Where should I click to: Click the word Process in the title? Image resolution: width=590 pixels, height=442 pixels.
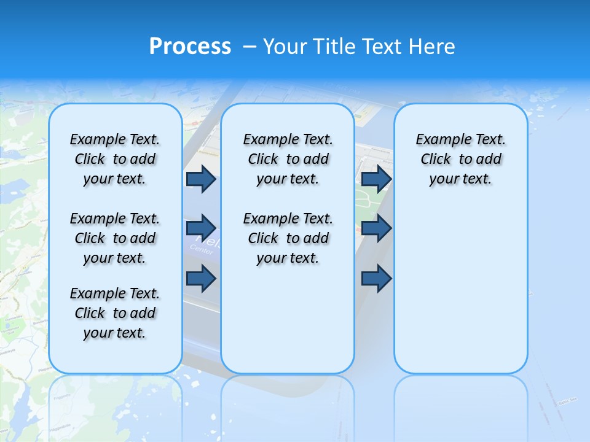(190, 47)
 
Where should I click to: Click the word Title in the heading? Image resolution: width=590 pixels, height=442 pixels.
(334, 47)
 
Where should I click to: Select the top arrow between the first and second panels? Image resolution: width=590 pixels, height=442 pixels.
(201, 179)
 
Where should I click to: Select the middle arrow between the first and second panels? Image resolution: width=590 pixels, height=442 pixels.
(201, 228)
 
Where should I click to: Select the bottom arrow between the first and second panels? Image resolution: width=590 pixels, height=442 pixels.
(201, 279)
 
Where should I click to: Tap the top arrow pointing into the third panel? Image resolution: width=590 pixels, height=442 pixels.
(376, 179)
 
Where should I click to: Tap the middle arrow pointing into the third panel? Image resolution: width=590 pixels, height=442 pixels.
(376, 228)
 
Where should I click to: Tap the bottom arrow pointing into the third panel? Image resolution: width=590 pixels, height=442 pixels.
(376, 279)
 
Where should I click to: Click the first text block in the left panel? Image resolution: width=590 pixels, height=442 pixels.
(115, 159)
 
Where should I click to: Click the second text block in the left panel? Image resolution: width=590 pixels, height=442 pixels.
(115, 238)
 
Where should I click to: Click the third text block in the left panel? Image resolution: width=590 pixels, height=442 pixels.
(115, 313)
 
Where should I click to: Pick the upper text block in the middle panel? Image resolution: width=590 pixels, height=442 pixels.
(288, 159)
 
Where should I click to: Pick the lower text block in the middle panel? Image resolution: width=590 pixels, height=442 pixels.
(288, 238)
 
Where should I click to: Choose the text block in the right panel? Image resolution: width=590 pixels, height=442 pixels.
(460, 159)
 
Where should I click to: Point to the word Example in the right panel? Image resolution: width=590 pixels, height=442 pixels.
(438, 140)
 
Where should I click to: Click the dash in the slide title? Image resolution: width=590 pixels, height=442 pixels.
(250, 47)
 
